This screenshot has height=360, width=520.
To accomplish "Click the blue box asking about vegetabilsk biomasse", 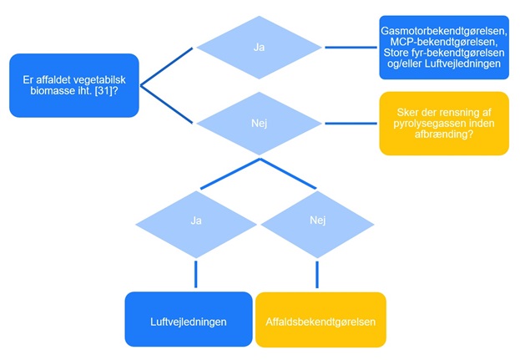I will coord(74,85).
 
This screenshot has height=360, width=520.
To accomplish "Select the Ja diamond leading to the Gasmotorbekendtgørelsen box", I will coord(259,48).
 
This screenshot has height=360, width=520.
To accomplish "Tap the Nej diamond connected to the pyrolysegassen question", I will coord(259,123).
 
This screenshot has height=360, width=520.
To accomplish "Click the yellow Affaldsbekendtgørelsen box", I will coord(321,320).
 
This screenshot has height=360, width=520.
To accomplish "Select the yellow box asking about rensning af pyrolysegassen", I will coord(443,123).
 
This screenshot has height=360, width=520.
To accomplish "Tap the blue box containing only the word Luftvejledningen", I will coord(188,320).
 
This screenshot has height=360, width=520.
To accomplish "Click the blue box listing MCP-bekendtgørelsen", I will coord(443,48).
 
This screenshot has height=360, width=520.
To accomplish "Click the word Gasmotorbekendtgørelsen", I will coord(444,30).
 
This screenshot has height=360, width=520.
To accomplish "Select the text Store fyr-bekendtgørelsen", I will coord(444,53).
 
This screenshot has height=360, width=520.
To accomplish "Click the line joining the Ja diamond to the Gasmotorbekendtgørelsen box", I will coord(350,48).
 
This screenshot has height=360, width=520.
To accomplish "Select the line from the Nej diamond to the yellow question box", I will coord(350,123).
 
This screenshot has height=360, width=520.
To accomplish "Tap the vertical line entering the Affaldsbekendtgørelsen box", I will coord(316,274).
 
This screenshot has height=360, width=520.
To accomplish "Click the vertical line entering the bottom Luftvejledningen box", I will coord(197,274).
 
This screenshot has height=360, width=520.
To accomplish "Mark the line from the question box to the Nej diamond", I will coord(167,104).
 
